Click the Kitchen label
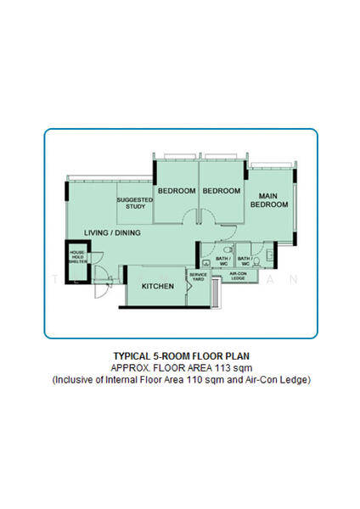click(158, 287)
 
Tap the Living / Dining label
click(112, 232)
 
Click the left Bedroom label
click(176, 192)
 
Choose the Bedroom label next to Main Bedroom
click(222, 192)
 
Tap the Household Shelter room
click(77, 257)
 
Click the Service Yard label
click(198, 277)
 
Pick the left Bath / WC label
click(223, 260)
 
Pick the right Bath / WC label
click(245, 260)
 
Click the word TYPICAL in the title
click(132, 356)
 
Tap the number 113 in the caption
click(225, 367)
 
